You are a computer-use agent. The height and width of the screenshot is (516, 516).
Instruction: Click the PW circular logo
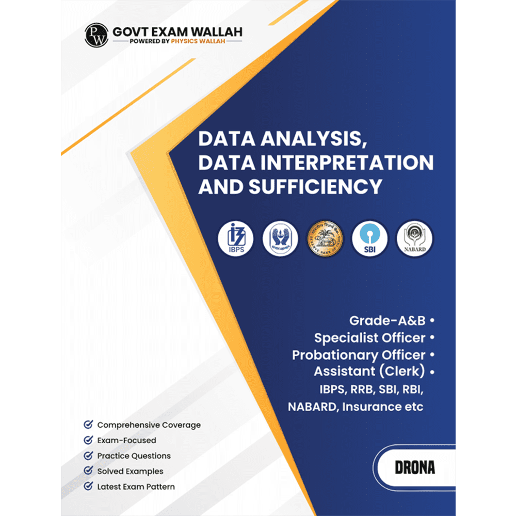tap(97, 35)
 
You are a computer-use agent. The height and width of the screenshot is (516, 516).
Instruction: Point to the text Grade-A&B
tap(388, 320)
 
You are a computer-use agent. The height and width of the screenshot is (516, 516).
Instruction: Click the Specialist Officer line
tap(370, 338)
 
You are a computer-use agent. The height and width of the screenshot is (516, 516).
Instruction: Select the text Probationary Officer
tap(359, 355)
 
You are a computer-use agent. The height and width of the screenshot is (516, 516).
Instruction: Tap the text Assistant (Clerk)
tap(369, 372)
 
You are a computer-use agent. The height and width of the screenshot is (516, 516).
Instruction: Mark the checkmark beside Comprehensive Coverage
tap(88, 425)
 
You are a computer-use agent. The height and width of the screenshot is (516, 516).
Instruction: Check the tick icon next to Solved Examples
tap(88, 471)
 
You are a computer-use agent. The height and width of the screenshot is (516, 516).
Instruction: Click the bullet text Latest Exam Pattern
tap(136, 486)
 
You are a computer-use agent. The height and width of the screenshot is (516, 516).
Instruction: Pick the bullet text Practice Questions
tap(134, 456)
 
